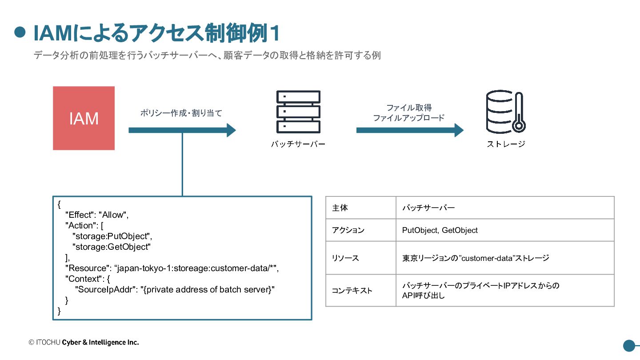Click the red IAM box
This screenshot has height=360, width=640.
pos(84,118)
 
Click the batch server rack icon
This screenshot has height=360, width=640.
pos(298,112)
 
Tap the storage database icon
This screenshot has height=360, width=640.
pos(506,112)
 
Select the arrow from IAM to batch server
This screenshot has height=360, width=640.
pos(182,130)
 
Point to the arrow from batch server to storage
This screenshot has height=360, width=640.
pos(410,130)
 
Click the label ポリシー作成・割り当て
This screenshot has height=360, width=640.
pos(181,113)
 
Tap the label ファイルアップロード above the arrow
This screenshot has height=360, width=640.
pos(408,118)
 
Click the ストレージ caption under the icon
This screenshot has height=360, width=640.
pos(506,144)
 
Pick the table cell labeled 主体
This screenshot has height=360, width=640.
pos(361,208)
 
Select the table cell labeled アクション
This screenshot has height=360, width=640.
pos(361,230)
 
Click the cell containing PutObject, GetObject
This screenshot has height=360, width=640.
pos(505,230)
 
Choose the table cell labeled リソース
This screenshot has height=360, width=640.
pos(361,258)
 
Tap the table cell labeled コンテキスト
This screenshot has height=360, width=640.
pos(361,290)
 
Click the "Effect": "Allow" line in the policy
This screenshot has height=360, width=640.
pos(97,215)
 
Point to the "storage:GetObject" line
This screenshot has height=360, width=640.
pos(112,247)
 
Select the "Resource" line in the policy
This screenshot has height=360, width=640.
pos(172,268)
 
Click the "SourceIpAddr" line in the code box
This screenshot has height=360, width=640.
pos(175,290)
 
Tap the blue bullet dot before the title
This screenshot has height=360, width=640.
pos(20,32)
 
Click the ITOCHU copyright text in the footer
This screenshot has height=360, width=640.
pos(84,342)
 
